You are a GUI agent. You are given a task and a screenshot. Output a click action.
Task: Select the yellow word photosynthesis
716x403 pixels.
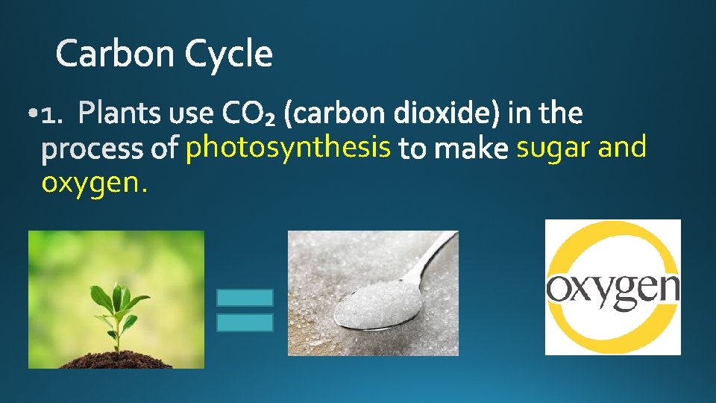[289, 149]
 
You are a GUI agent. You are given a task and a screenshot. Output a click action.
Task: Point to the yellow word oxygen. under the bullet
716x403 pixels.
[94, 182]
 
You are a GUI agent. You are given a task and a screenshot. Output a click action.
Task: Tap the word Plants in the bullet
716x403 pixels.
[119, 114]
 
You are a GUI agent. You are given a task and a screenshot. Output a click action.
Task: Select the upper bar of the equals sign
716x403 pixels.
[245, 298]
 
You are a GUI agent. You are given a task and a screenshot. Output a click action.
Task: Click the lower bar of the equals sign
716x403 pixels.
[245, 322]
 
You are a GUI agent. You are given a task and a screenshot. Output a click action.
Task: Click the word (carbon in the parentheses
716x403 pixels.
[340, 114]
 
